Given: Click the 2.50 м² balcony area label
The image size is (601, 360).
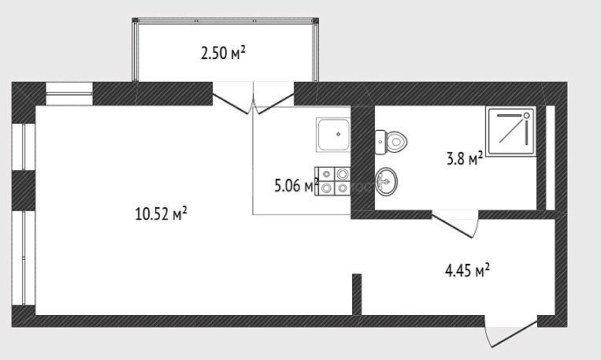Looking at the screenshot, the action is (223, 53).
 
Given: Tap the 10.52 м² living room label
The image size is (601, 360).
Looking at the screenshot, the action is (161, 213).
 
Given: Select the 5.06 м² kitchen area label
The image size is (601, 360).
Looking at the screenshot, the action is (297, 186).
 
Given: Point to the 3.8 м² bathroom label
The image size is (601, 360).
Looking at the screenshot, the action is (465, 158).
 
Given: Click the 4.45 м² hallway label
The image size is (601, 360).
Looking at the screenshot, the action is (467, 270).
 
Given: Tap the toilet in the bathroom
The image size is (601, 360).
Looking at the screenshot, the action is (391, 142).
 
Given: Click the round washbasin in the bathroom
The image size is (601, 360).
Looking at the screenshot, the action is (386, 182).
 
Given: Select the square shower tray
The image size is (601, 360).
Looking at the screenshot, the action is (510, 132).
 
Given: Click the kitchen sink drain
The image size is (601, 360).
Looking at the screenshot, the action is (338, 134).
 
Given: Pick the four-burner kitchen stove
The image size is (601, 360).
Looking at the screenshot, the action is (332, 181).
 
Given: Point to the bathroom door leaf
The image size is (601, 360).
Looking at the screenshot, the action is (453, 227).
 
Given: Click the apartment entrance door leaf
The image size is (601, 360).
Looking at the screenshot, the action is (514, 333).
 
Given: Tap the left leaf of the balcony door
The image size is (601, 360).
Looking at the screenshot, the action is (231, 103).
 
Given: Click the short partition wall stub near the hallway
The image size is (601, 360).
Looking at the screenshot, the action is (357, 295).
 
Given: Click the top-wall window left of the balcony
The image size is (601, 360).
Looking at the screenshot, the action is (69, 94).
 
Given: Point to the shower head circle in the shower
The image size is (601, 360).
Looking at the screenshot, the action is (527, 115).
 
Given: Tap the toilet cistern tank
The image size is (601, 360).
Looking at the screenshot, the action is (380, 142).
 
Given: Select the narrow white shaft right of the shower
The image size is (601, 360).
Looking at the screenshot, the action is (550, 158).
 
